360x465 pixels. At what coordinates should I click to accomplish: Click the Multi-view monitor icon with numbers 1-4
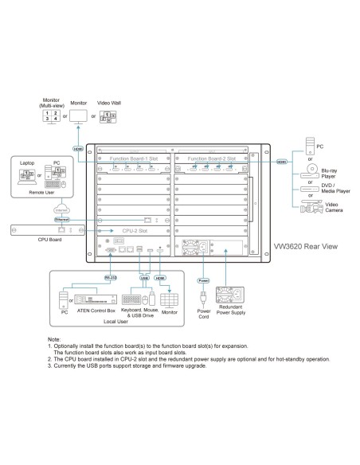coord(49,116)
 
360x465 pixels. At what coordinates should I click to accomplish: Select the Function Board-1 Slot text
coord(137,159)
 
